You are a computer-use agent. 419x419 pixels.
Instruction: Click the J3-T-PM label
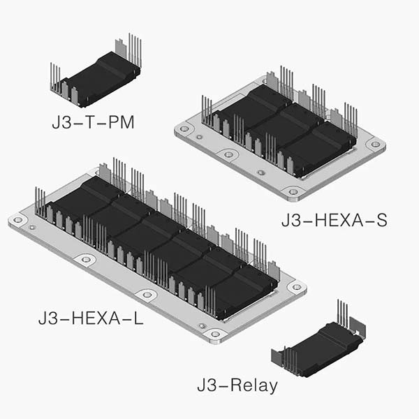click(93, 124)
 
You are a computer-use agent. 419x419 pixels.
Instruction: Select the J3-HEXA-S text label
click(334, 221)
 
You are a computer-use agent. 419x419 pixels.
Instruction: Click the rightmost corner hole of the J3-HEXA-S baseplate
click(376, 145)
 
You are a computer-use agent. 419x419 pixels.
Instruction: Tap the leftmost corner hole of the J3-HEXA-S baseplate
click(184, 129)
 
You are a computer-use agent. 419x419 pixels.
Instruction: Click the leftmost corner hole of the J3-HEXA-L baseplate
click(17, 219)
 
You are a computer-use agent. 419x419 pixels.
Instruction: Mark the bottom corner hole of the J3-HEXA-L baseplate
click(215, 334)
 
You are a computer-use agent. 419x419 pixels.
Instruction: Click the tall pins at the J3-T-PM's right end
click(133, 49)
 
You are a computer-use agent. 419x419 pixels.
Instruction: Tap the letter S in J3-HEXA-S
click(380, 221)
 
